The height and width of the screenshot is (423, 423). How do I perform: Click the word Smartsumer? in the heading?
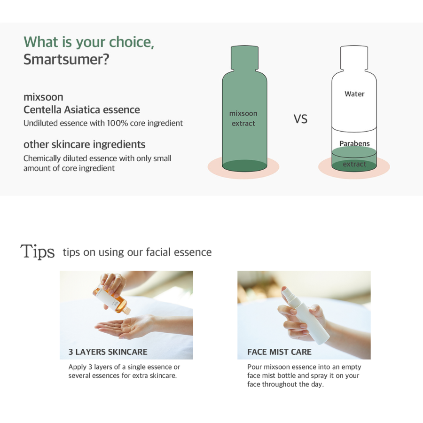66,59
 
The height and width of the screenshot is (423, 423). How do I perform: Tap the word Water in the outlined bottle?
354,94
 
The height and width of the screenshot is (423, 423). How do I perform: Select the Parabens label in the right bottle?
354,143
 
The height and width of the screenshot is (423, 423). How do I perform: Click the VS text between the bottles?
300,119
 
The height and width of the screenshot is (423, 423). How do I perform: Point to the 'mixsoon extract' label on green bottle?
243,118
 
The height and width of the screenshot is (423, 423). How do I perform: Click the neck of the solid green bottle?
244,58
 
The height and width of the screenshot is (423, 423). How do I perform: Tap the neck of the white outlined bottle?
354,58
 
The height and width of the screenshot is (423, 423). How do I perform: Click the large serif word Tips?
38,251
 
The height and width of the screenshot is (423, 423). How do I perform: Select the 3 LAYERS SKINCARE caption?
108,352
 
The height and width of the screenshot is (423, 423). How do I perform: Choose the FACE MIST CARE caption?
279,352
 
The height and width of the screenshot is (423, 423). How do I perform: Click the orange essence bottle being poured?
111,299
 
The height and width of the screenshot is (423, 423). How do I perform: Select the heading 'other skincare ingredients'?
85,144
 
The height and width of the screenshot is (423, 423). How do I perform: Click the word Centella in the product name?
42,110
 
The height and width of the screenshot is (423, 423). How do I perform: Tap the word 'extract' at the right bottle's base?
354,164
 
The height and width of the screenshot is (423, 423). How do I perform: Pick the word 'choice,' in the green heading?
132,42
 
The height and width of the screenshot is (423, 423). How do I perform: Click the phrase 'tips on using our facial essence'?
137,252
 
